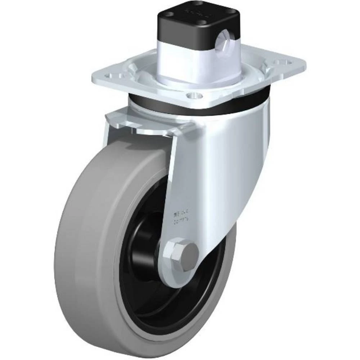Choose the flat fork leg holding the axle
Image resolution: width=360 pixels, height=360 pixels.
tap(180, 180)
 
